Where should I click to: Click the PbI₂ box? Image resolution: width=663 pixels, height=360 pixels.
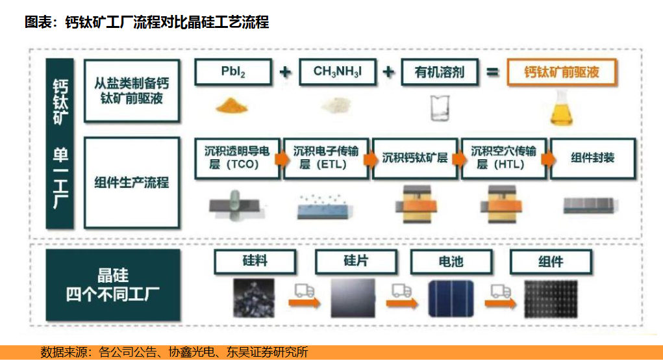tap(233, 72)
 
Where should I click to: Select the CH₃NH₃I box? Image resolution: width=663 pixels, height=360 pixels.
tap(338, 72)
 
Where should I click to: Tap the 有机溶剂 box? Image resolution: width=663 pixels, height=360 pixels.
tap(440, 72)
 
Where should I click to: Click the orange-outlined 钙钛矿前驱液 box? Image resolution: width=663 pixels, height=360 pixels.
tap(562, 72)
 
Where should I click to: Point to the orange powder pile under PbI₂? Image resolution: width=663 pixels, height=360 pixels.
tap(231, 105)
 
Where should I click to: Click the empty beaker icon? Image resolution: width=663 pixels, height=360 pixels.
tap(440, 108)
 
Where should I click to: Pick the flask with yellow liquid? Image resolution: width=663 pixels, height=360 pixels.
tap(562, 109)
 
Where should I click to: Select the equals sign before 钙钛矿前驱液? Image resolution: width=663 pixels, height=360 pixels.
tap(492, 72)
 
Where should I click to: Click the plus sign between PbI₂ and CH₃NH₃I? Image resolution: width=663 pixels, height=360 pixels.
tap(286, 72)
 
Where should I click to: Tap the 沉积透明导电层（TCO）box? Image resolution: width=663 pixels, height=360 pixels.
tap(237, 158)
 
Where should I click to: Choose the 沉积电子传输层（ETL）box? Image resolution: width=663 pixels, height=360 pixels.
tap(326, 158)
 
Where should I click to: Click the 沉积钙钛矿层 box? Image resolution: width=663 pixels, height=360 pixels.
tap(415, 158)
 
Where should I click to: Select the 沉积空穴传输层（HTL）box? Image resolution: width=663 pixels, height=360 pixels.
tap(504, 158)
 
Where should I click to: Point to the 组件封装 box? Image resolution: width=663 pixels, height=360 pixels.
tap(592, 158)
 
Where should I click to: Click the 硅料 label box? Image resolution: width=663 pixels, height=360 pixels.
tap(255, 261)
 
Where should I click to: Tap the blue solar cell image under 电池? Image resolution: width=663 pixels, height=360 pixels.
tap(451, 298)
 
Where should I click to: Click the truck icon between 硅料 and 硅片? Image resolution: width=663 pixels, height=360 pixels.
tap(305, 290)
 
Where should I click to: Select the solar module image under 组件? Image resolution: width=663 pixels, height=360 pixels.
tap(551, 299)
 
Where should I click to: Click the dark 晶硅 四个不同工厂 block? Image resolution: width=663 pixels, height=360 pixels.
tap(113, 285)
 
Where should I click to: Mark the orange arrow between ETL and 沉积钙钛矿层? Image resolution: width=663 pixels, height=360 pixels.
tap(370, 159)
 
